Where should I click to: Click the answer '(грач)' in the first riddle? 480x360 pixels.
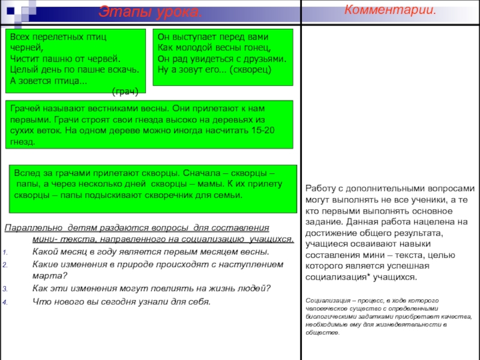click(125, 92)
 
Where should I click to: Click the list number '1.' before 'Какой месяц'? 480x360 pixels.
click(6, 252)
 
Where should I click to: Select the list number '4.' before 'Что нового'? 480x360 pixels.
click(6, 302)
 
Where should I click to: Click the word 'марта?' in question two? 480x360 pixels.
click(49, 276)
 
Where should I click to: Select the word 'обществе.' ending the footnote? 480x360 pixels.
click(322, 332)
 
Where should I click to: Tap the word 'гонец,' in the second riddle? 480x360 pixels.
click(255, 48)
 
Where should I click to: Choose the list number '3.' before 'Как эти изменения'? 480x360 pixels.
click(6, 289)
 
